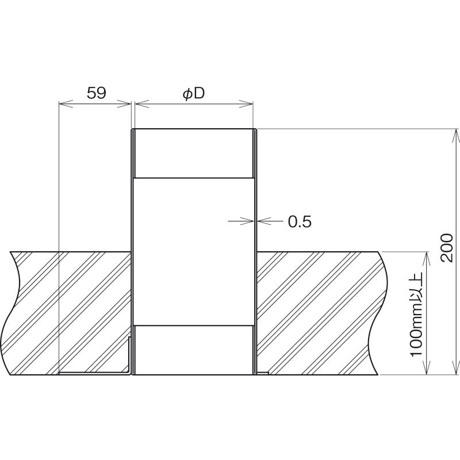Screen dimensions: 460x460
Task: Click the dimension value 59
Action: [x=96, y=93]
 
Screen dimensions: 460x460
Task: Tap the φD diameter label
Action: [x=193, y=94]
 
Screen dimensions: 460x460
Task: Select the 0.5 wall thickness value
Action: [x=300, y=221]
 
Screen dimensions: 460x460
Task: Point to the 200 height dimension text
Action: [x=448, y=248]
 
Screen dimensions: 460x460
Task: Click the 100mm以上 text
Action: [x=416, y=314]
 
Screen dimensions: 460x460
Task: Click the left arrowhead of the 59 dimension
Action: [x=66, y=103]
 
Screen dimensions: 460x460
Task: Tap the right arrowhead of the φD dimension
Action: [x=246, y=103]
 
